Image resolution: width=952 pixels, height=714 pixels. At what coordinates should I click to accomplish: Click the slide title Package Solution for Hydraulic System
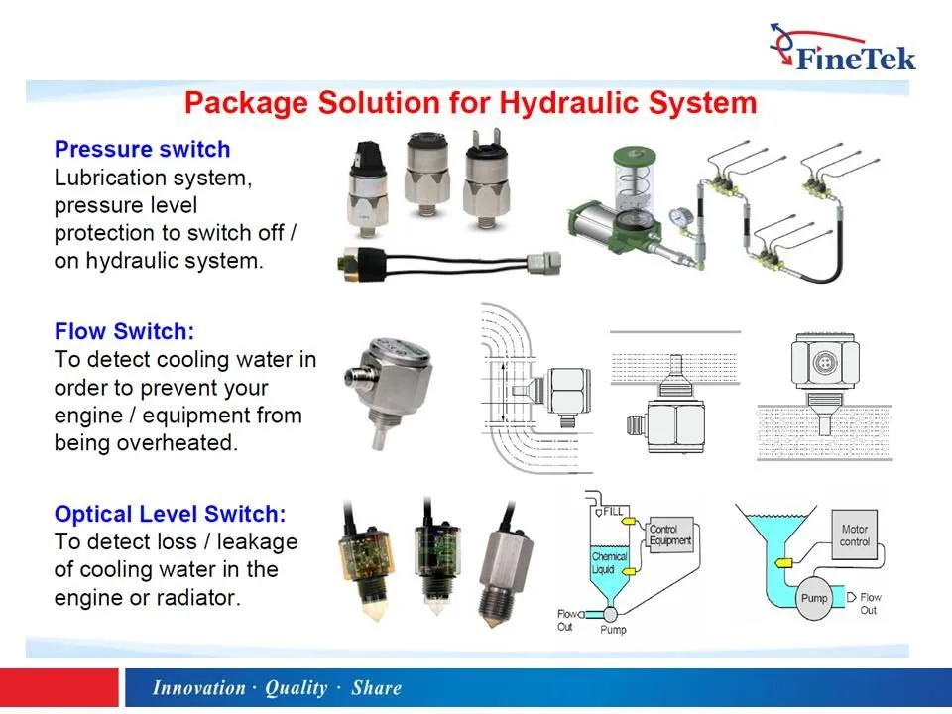click(471, 103)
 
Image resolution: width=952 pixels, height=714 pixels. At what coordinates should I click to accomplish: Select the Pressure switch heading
click(142, 150)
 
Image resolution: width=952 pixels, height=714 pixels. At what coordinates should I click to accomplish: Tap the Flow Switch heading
click(124, 331)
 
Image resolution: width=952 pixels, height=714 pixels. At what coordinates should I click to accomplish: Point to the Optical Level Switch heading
click(170, 514)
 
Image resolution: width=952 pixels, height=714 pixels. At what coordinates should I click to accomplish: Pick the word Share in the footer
click(376, 688)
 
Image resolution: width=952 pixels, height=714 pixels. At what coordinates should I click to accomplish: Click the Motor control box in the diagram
click(854, 535)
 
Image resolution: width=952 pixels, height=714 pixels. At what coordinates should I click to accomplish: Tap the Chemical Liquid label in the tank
click(609, 563)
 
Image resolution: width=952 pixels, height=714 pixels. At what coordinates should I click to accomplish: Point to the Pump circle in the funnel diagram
click(814, 599)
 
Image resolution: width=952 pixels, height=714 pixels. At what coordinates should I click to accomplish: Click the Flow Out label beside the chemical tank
click(567, 620)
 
